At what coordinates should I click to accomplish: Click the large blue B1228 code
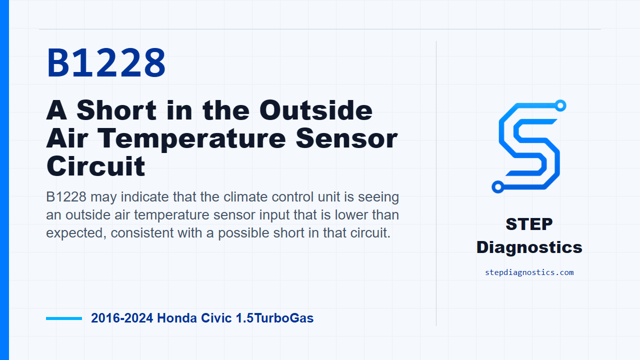106,62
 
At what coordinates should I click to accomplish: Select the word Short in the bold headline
116,110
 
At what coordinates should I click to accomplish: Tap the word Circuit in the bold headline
95,166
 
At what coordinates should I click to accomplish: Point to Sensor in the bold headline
346,138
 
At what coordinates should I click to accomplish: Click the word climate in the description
245,197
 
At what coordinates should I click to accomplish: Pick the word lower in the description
351,215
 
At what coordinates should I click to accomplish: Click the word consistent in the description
142,232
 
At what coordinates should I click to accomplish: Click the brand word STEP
529,224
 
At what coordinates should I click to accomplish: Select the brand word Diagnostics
529,247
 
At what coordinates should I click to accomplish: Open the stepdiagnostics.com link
529,272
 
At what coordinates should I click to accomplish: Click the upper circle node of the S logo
560,105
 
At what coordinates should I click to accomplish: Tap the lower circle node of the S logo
497,187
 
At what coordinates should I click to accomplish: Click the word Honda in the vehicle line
177,318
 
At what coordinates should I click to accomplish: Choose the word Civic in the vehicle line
216,318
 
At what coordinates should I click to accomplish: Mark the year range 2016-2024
122,318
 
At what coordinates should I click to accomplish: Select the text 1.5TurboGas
274,318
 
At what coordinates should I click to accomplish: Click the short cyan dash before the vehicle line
64,318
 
